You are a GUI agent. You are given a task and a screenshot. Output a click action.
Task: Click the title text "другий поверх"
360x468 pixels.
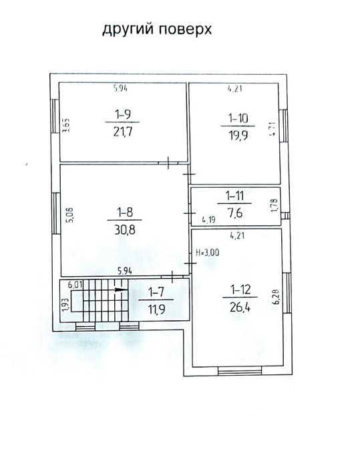pos(157,30)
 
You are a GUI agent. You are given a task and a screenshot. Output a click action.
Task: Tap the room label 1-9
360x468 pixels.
pos(123,114)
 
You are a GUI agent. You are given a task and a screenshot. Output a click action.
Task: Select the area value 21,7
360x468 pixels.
pos(123,131)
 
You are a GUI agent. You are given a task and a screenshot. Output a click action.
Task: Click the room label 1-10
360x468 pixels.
pos(238,118)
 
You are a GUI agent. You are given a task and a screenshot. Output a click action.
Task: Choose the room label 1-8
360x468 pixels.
pos(125,212)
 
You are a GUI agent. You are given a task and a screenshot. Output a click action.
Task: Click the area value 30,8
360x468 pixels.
pos(125,229)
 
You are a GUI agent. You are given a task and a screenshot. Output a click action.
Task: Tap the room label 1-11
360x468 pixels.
pos(234,196)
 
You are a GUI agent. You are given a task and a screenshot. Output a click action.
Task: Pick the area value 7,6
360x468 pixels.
pos(235,213)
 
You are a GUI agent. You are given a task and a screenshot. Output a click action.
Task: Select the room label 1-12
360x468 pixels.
pos(240,289)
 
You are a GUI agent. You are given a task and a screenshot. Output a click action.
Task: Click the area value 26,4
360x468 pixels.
pos(240,306)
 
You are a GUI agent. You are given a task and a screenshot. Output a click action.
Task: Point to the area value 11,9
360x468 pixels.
pos(156,309)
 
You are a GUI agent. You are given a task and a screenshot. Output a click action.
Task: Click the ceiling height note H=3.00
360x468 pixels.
pos(207,253)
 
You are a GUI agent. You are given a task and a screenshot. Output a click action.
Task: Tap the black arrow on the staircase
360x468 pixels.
pos(121,289)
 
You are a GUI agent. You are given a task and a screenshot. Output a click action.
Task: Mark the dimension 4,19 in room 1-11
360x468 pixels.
pos(208,220)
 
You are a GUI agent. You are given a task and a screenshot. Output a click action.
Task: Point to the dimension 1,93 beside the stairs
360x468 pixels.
pos(65,305)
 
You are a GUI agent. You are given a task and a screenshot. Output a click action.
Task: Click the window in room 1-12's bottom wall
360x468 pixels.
pos(240,370)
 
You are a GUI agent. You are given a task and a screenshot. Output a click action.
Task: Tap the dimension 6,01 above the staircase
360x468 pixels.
pos(75,284)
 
